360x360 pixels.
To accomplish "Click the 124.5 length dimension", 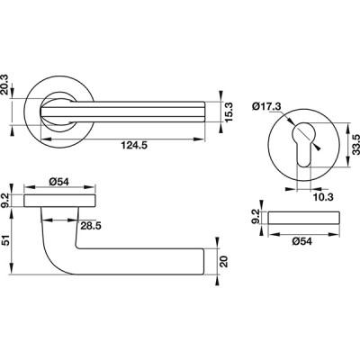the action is pyautogui.click(x=134, y=146).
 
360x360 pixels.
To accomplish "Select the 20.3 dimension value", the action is pyautogui.click(x=6, y=85).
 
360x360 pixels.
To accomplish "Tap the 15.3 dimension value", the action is pyautogui.click(x=229, y=112).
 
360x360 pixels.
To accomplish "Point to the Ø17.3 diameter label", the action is pyautogui.click(x=266, y=106).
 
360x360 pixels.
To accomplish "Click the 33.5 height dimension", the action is pyautogui.click(x=356, y=145).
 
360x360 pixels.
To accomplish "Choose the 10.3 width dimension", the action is pyautogui.click(x=323, y=197).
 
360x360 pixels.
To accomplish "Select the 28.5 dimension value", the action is pyautogui.click(x=91, y=226).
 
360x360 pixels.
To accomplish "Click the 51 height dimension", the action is pyautogui.click(x=6, y=240).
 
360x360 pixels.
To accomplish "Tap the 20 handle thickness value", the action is pyautogui.click(x=224, y=261).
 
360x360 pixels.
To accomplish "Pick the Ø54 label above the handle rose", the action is pyautogui.click(x=58, y=182).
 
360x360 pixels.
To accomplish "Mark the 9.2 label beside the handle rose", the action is pyautogui.click(x=6, y=201).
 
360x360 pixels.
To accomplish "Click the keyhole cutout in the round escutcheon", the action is pyautogui.click(x=303, y=143).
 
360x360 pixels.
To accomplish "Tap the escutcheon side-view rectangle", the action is pyautogui.click(x=304, y=218).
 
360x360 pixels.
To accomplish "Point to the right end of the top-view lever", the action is pyautogui.click(x=204, y=112).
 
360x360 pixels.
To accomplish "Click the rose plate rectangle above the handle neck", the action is pyautogui.click(x=60, y=201).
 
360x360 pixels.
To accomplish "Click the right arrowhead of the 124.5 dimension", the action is pyautogui.click(x=199, y=139).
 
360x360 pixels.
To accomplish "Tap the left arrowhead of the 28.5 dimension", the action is pyautogui.click(x=48, y=220).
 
